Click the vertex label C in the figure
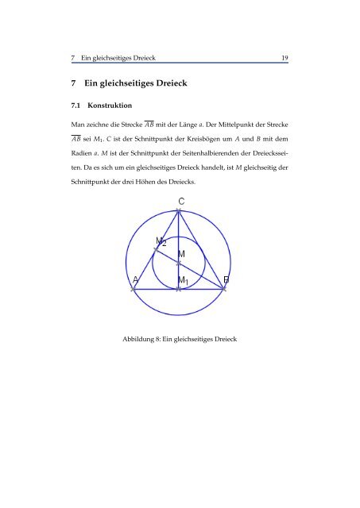(x=182, y=202)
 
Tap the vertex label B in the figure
(x=226, y=280)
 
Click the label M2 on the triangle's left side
(x=161, y=241)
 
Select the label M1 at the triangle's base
(x=183, y=281)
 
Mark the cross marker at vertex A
(x=133, y=290)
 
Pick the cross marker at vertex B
(x=225, y=290)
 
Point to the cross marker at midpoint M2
(x=156, y=250)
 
